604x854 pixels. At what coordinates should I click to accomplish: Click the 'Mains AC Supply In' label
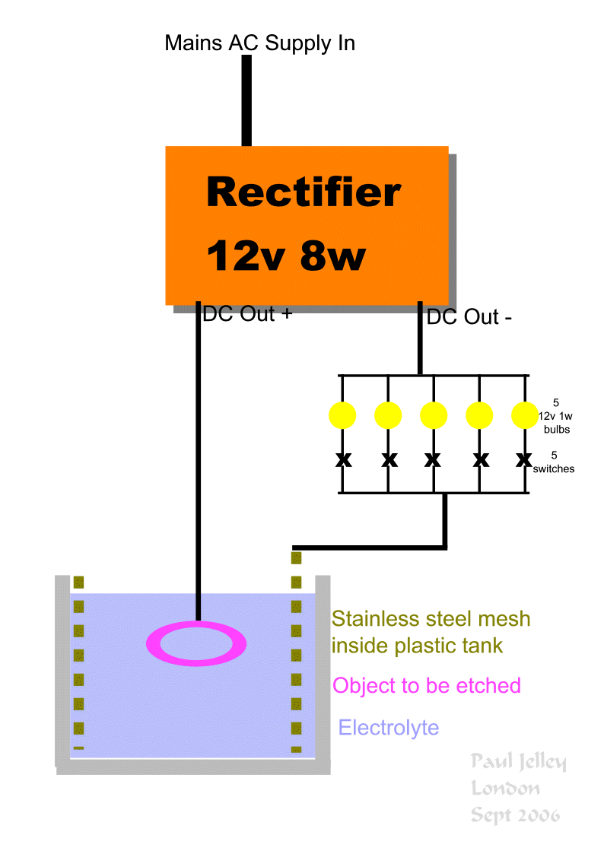click(x=259, y=43)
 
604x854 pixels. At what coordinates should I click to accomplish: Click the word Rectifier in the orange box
click(x=303, y=192)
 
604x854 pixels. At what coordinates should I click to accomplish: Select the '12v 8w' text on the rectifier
click(x=286, y=256)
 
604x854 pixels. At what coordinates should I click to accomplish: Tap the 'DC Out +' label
click(x=247, y=314)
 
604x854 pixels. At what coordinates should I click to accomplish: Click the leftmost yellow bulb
click(x=342, y=414)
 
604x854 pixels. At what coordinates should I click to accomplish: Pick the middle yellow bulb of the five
click(x=433, y=414)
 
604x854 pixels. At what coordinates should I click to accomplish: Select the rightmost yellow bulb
click(x=524, y=414)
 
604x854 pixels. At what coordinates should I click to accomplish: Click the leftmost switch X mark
click(x=343, y=459)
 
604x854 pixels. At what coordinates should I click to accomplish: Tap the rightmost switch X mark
click(x=523, y=459)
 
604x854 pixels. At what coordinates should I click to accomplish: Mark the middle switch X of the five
click(x=433, y=459)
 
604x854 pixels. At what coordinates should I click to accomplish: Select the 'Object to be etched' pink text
click(x=426, y=685)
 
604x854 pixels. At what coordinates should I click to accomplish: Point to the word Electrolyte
click(x=388, y=728)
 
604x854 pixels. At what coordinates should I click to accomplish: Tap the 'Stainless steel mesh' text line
click(x=431, y=619)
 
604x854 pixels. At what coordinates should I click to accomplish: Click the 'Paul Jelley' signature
click(x=517, y=761)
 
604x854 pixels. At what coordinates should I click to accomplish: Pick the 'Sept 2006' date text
click(x=515, y=815)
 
